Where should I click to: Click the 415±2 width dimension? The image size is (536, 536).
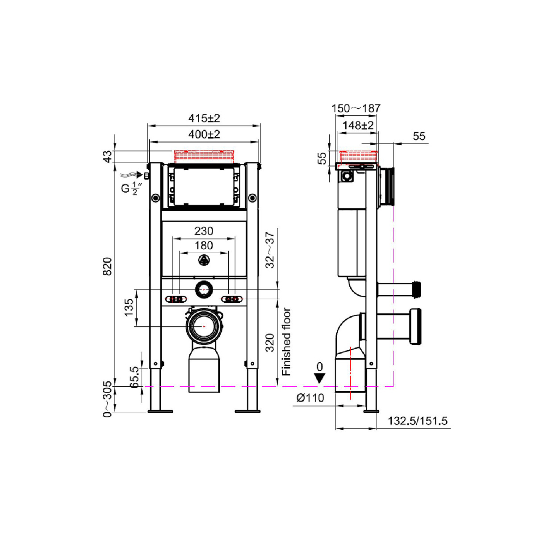[x=204, y=118]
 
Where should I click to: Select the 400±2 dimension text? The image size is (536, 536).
[x=204, y=134]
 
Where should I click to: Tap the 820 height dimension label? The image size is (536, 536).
[x=107, y=267]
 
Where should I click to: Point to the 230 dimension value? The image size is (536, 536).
[x=204, y=231]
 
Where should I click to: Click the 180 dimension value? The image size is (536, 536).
[x=204, y=246]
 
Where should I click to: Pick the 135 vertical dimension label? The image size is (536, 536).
[x=129, y=307]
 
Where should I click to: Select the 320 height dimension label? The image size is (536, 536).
[x=270, y=343]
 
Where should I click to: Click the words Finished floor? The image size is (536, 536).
[x=286, y=342]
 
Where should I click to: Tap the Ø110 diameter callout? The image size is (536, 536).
[x=310, y=398]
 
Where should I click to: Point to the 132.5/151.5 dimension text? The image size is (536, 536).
[x=418, y=421]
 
